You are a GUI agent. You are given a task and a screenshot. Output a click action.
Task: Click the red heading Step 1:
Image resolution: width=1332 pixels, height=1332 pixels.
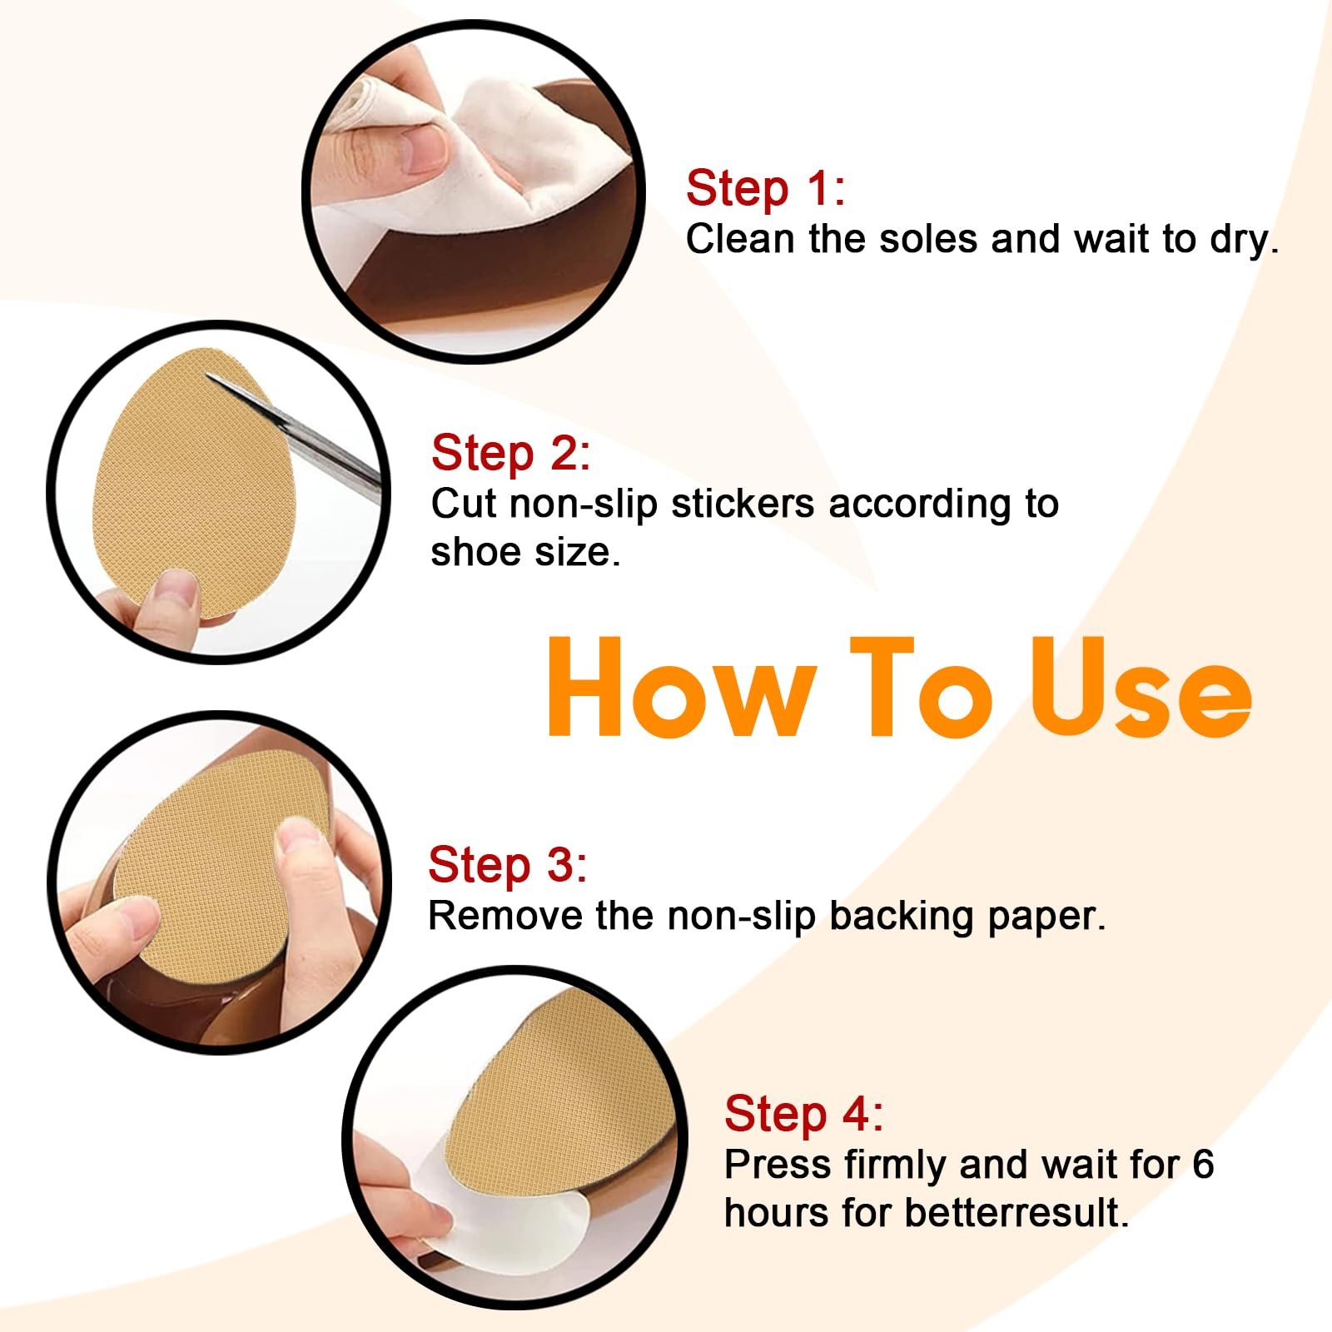pos(765,188)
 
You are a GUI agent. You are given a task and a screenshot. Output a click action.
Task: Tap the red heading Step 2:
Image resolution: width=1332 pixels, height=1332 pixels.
pos(510,454)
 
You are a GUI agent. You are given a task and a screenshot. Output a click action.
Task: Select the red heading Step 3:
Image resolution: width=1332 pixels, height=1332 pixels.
pos(508,865)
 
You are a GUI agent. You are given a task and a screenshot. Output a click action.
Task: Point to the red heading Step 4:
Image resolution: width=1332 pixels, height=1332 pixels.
pos(803,1114)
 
